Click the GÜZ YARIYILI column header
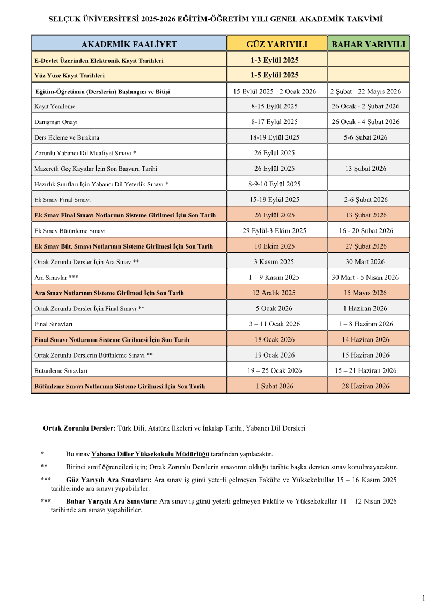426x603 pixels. tap(276, 44)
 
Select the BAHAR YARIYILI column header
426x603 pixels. tap(369, 44)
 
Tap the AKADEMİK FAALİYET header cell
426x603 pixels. tap(129, 44)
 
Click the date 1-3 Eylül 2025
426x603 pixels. tap(274, 60)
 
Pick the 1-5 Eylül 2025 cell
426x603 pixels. tap(274, 75)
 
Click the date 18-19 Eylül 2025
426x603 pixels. tap(274, 137)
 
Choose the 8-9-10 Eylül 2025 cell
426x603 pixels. tap(274, 184)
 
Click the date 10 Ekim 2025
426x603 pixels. tap(274, 246)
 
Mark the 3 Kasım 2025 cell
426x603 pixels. tap(274, 262)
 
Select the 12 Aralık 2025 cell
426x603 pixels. tap(274, 293)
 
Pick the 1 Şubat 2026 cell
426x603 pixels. tap(274, 386)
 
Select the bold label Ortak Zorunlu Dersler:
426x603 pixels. tap(79, 428)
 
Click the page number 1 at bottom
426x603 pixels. tap(423, 598)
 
